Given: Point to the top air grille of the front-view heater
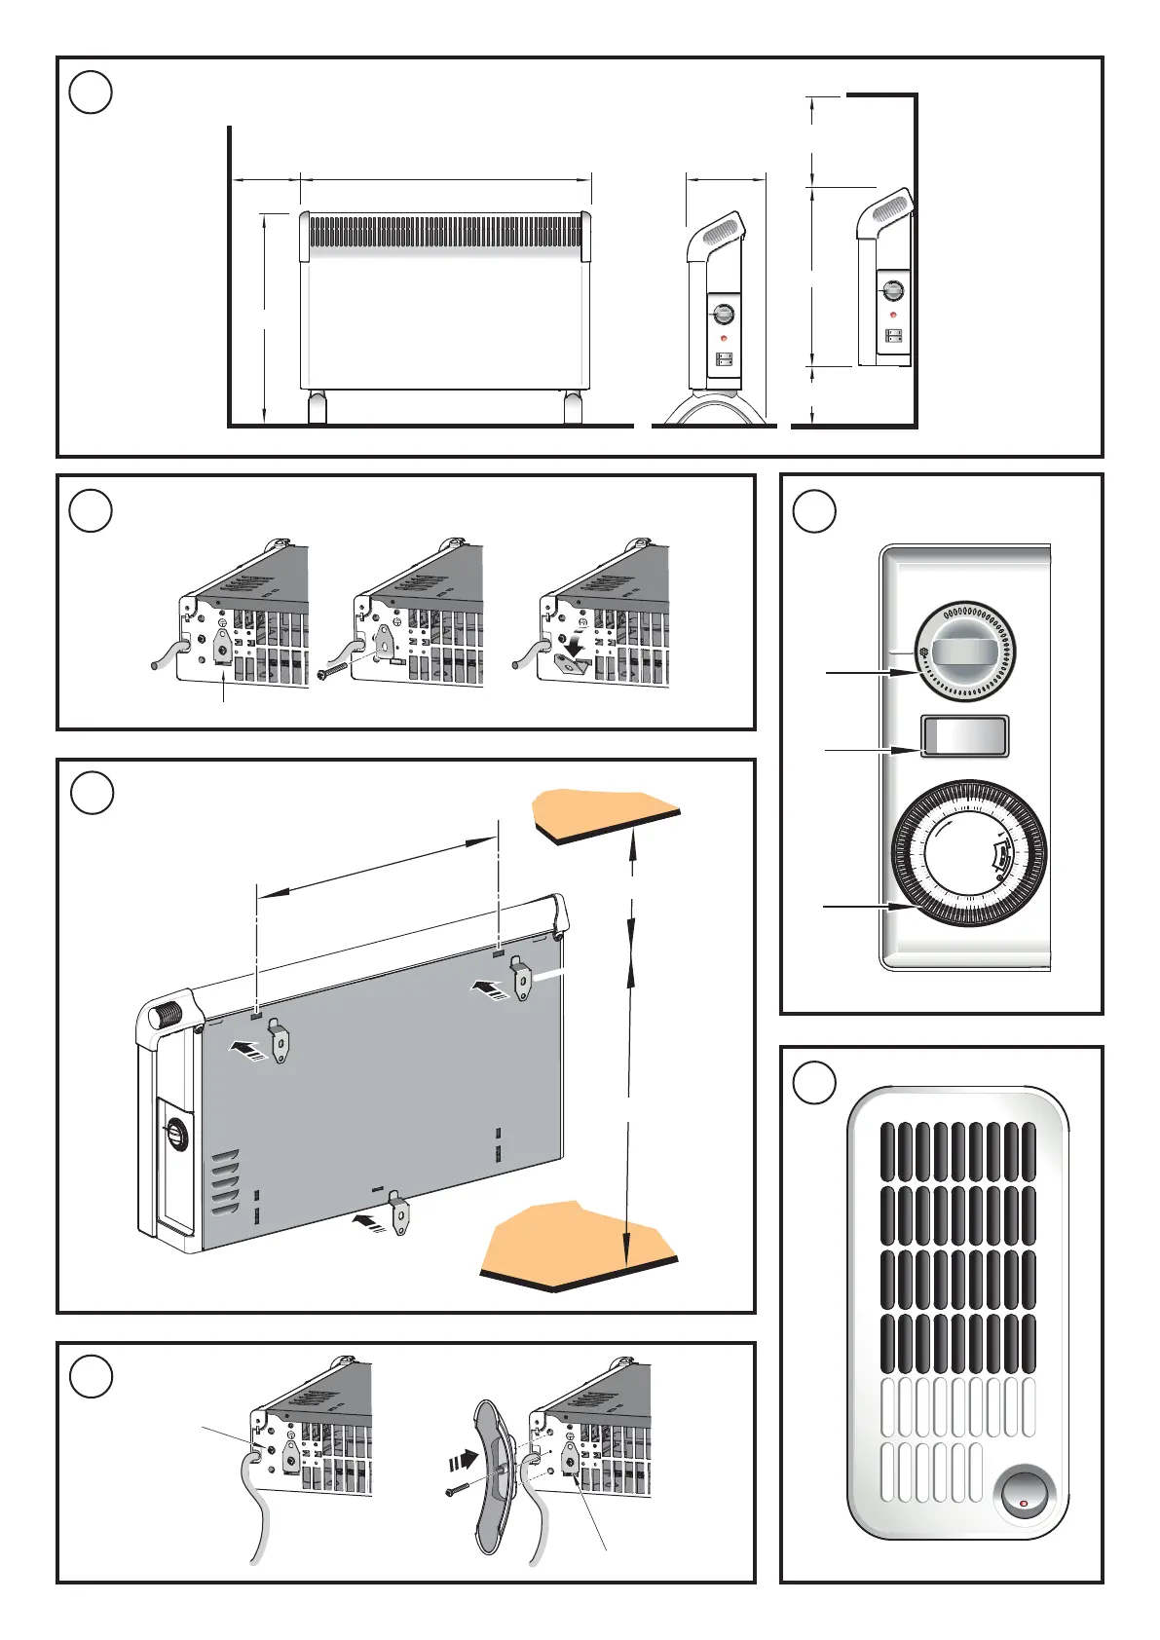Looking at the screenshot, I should [x=445, y=233].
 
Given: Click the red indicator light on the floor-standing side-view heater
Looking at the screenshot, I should [x=724, y=338].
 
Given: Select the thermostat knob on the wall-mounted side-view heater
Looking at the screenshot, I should [x=892, y=290].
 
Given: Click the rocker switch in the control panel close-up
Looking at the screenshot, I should [x=964, y=736].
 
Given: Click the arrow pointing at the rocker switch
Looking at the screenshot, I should [x=857, y=750].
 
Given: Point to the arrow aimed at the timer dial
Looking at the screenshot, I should [x=857, y=907].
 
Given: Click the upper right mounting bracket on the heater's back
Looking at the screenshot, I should [x=523, y=979].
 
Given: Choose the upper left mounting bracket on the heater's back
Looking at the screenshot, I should [x=280, y=1040].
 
